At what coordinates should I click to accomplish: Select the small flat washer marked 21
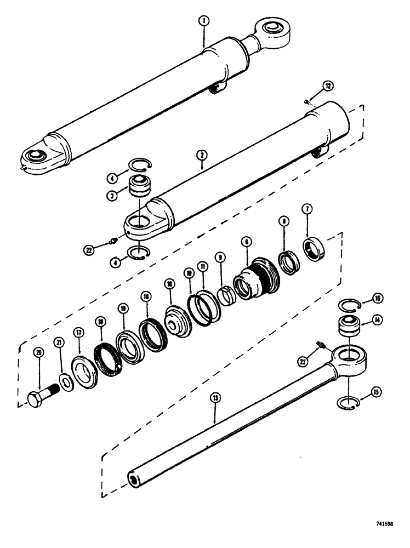[65, 381]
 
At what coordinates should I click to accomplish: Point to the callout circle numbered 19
[123, 309]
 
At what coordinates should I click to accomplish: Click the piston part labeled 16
[177, 319]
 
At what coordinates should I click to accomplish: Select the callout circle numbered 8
[283, 222]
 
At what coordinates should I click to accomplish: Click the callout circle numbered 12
[327, 85]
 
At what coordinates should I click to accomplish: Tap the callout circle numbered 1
[203, 22]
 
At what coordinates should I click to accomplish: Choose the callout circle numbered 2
[202, 155]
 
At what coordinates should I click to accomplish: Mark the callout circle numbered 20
[39, 352]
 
